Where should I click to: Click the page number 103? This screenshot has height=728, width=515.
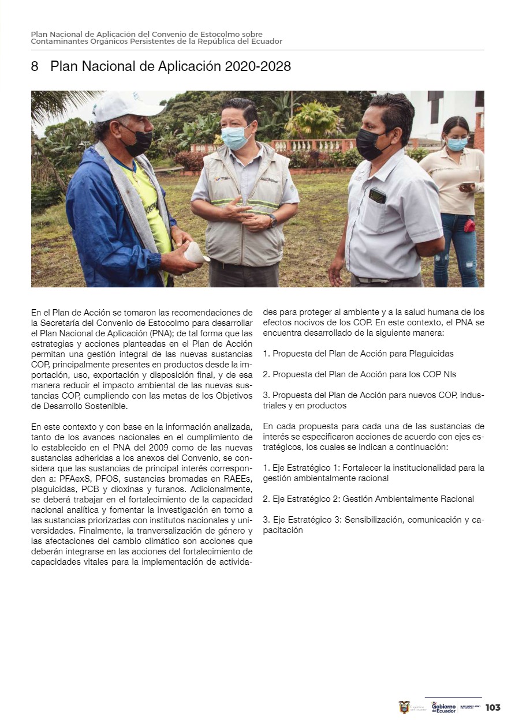[x=492, y=707]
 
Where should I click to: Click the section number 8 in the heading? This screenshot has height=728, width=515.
[x=35, y=66]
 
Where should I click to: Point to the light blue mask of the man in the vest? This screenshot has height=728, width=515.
[x=235, y=137]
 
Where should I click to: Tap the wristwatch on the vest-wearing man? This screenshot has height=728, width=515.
[x=272, y=220]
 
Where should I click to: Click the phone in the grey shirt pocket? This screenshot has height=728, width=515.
[x=377, y=196]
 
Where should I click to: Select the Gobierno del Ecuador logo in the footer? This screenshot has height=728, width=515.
[x=443, y=707]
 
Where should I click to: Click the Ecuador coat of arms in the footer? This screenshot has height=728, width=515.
[x=404, y=707]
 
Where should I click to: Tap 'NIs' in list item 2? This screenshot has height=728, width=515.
[x=448, y=374]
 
